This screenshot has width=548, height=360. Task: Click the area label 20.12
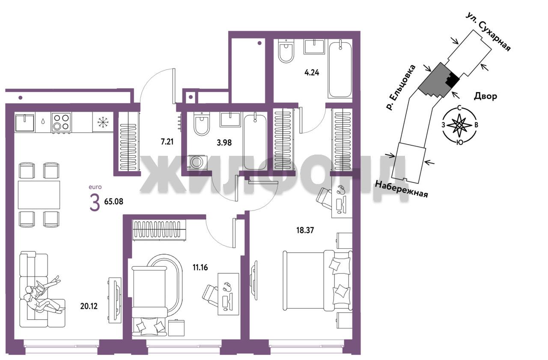[89, 306]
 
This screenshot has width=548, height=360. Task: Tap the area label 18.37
[305, 230]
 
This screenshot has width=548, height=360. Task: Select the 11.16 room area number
[200, 267]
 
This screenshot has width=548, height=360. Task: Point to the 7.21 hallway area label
[167, 141]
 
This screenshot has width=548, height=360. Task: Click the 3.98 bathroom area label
[224, 143]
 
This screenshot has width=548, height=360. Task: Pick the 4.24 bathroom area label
[312, 73]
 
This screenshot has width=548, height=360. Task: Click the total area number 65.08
[114, 202]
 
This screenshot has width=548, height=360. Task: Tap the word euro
[95, 187]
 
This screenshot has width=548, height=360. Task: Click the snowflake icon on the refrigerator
[103, 122]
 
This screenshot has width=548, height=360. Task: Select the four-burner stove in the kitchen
[61, 122]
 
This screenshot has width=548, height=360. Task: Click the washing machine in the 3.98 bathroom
[197, 162]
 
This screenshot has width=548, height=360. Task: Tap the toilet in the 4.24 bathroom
[286, 52]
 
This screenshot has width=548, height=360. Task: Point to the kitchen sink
[24, 122]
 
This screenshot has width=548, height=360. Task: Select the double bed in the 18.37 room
[318, 280]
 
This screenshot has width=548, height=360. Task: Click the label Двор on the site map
[485, 96]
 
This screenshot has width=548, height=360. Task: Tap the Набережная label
[401, 189]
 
